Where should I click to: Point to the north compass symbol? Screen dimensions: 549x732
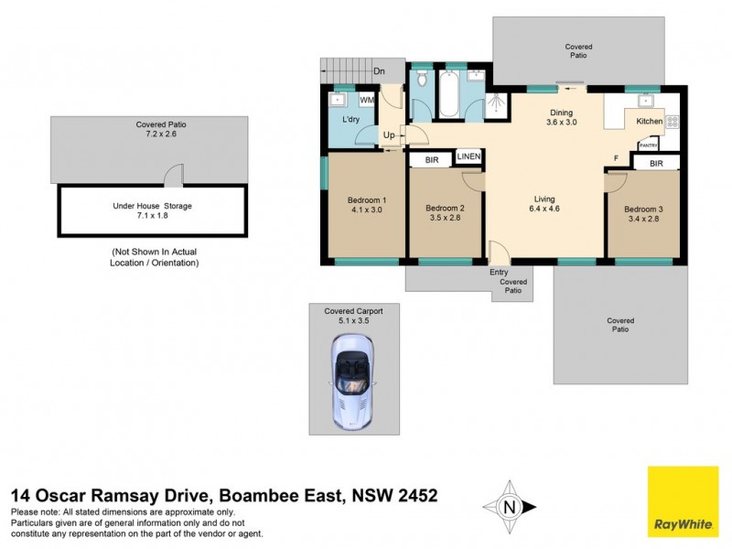[511, 505]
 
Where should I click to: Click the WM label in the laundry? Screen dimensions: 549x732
[366, 100]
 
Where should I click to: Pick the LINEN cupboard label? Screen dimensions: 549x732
[468, 157]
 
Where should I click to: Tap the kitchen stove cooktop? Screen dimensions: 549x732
[671, 121]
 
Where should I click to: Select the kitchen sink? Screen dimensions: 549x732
[645, 100]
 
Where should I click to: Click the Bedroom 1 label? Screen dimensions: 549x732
[366, 200]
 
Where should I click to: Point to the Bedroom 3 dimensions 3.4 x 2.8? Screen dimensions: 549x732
[643, 220]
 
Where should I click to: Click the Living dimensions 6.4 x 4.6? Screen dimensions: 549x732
[545, 210]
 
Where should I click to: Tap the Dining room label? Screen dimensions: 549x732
[561, 112]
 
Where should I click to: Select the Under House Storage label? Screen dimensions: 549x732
[152, 206]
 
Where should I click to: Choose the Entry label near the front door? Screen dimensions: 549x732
[499, 272]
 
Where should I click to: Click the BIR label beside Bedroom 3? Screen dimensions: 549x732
[655, 164]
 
